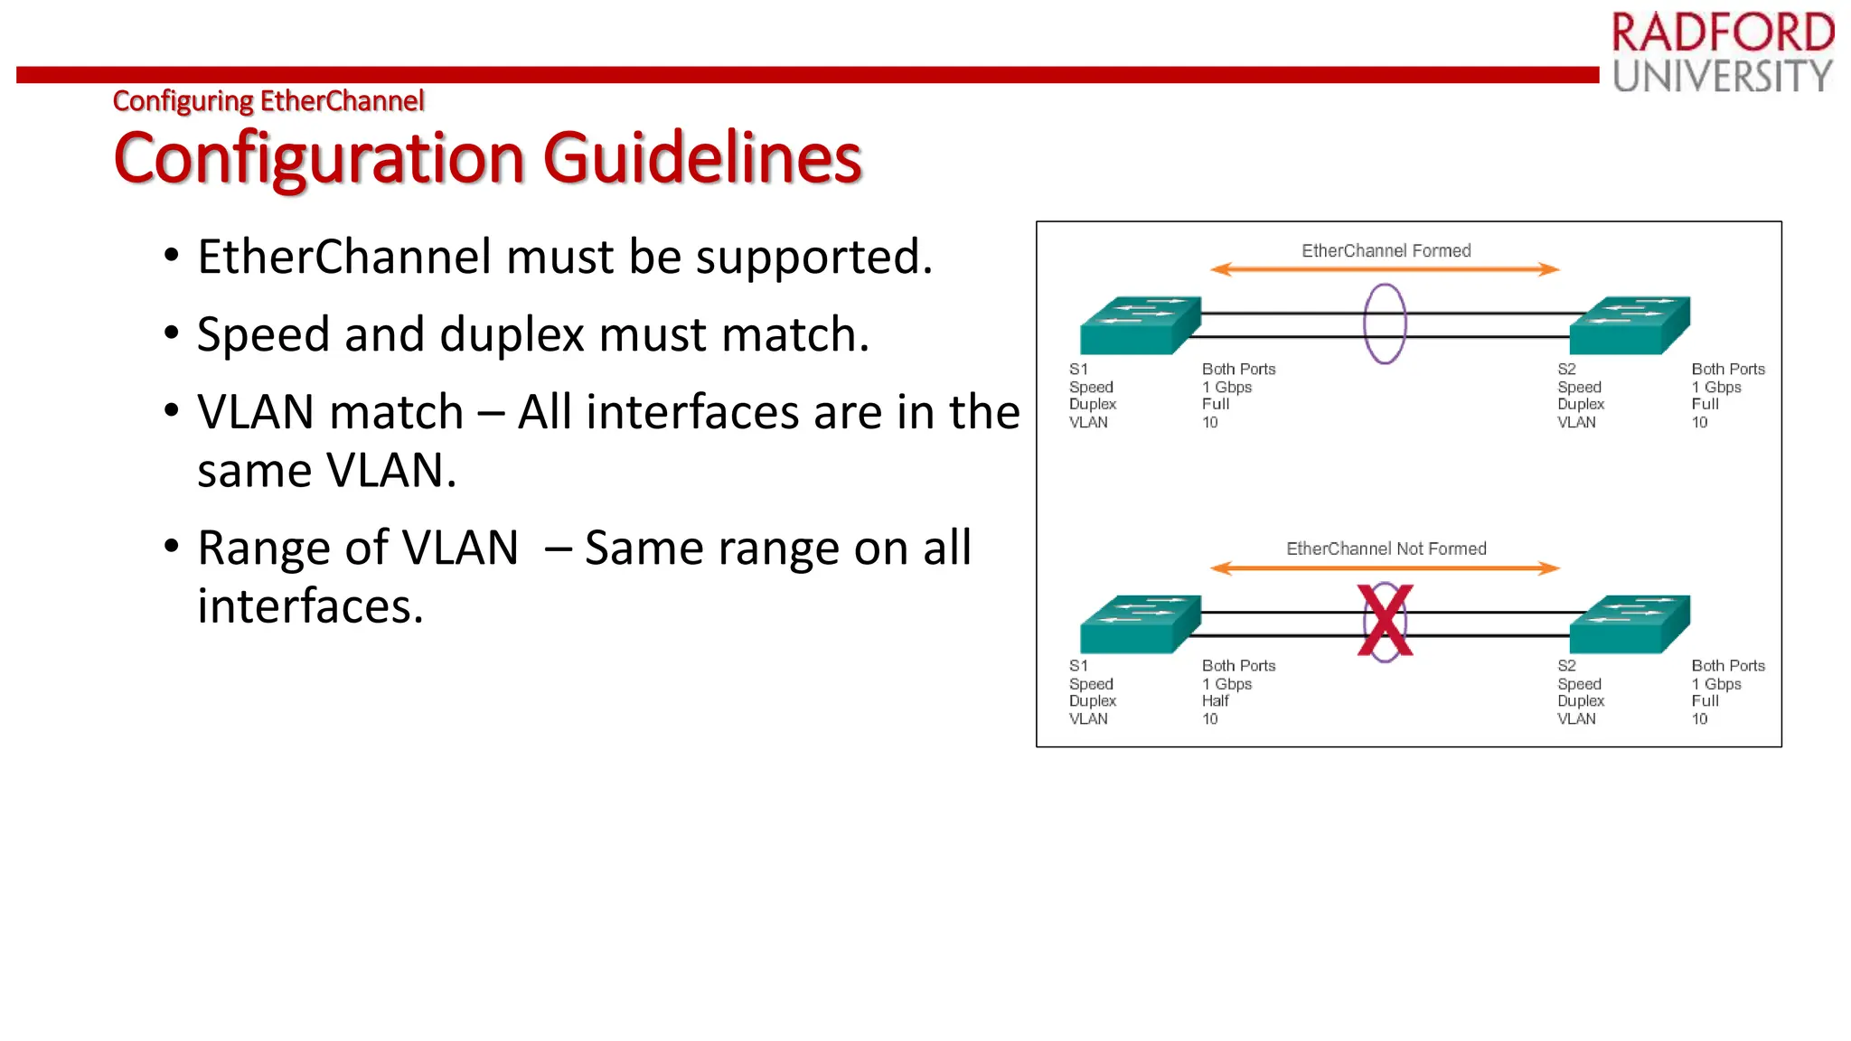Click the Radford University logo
click(x=1723, y=52)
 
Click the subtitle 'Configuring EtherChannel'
click(x=268, y=101)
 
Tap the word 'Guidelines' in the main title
click(x=702, y=158)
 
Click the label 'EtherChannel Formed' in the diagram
click(x=1386, y=250)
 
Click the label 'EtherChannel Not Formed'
click(x=1386, y=549)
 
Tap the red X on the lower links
click(x=1385, y=621)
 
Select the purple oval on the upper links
click(x=1385, y=324)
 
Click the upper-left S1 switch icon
click(x=1141, y=325)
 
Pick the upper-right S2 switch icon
click(x=1630, y=325)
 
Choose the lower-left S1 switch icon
click(x=1141, y=624)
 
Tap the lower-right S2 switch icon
click(x=1630, y=624)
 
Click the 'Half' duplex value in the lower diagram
click(x=1216, y=701)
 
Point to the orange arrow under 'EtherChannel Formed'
click(x=1385, y=269)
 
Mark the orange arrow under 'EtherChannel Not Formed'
click(x=1385, y=568)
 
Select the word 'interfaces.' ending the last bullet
click(x=310, y=606)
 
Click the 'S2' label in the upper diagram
click(x=1566, y=369)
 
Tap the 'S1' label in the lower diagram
click(x=1078, y=666)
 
